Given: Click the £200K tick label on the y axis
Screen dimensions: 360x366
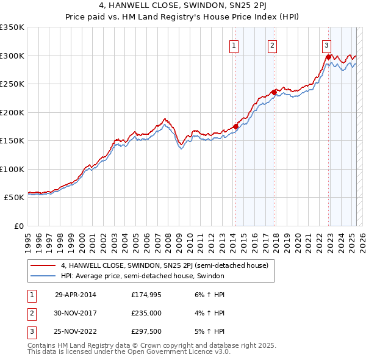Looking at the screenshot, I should tap(12, 112).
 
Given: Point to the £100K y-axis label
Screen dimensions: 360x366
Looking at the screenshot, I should tap(12, 169).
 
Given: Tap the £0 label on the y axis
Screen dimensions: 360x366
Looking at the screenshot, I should tap(19, 226).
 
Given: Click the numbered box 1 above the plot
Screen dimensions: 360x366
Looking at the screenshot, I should tap(234, 45).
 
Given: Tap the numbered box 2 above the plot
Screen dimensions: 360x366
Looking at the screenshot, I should tap(272, 45).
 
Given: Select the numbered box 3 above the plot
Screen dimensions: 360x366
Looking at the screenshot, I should tap(326, 45).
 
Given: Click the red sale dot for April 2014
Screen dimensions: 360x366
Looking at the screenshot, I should tap(235, 127).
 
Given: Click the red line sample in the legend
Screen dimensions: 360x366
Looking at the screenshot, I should tap(43, 266).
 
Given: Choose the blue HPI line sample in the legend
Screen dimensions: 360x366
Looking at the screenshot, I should tap(43, 276).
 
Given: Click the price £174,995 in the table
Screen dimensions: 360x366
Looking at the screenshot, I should tap(146, 295).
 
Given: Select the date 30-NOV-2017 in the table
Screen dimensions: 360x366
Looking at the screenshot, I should tap(76, 314).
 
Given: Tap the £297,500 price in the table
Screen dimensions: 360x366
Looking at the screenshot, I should tap(146, 333).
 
